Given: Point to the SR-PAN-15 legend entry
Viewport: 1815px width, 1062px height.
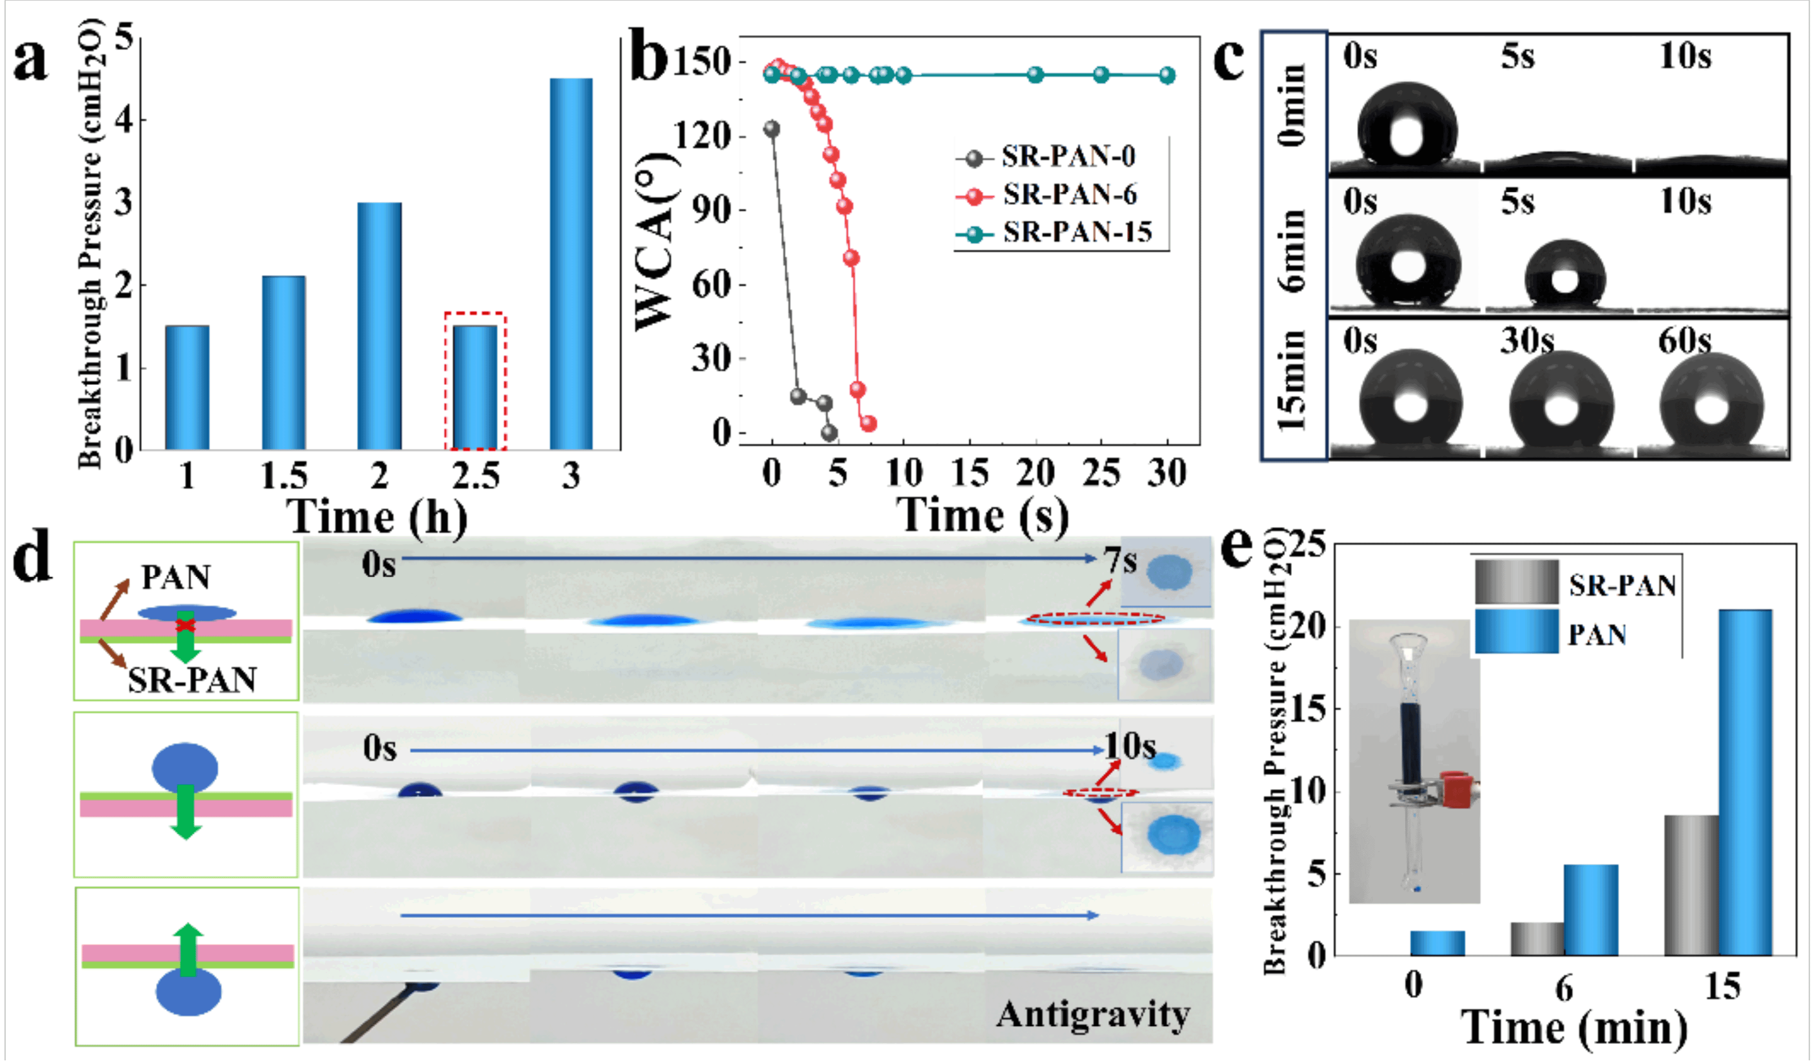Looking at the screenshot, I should pyautogui.click(x=1077, y=232).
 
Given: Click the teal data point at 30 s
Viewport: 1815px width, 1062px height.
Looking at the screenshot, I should pyautogui.click(x=1167, y=75).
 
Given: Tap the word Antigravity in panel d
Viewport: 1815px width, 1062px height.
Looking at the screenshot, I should pyautogui.click(x=1093, y=1015).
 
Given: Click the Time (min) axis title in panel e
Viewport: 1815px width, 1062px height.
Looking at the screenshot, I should pyautogui.click(x=1574, y=1027).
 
